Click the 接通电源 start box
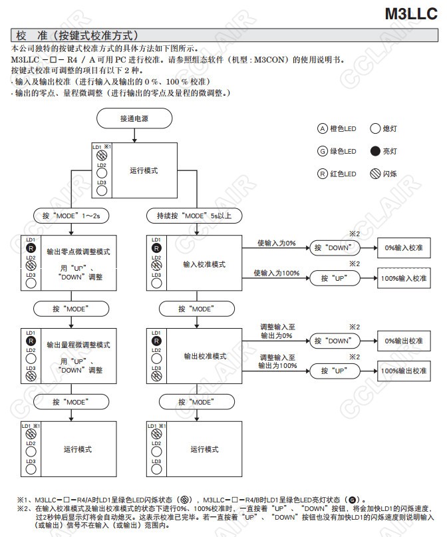point(134,118)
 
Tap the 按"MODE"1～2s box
point(71,216)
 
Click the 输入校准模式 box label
point(204,264)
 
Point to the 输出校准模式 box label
point(204,356)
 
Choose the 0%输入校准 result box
point(404,248)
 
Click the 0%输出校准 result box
point(404,340)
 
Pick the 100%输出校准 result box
point(404,370)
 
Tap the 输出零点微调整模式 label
point(78,252)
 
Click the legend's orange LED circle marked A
point(323,128)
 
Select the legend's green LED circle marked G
point(323,151)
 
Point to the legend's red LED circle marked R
point(323,174)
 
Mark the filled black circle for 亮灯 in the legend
point(374,151)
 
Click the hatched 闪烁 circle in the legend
point(374,174)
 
